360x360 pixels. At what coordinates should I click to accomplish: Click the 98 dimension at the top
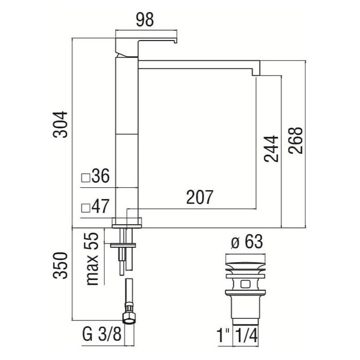coord(145,20)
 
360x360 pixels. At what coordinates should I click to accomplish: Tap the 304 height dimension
coord(60,124)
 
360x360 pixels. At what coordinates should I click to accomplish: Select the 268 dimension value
coord(296,140)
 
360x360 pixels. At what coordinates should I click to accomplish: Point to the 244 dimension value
coord(271,149)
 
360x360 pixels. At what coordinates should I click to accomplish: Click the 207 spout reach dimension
coord(200,197)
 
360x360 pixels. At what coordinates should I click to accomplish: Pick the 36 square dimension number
coord(101,176)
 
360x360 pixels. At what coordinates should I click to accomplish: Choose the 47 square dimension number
coord(100,206)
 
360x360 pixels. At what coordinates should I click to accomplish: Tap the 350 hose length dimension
coord(60,265)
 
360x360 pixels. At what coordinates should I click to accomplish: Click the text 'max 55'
coord(92,259)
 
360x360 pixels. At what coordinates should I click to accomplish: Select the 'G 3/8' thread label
coord(101,334)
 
